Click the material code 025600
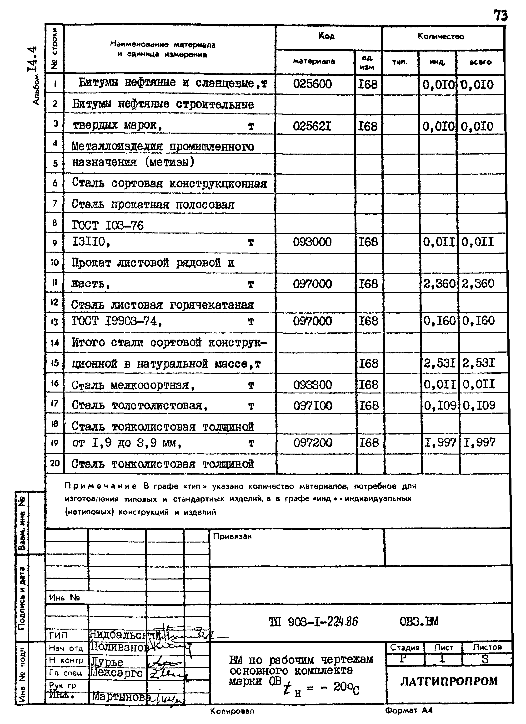(312, 84)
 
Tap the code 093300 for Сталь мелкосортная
(312, 385)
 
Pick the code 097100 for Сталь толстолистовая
(312, 406)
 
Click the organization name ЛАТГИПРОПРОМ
(449, 682)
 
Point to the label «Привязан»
(232, 536)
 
